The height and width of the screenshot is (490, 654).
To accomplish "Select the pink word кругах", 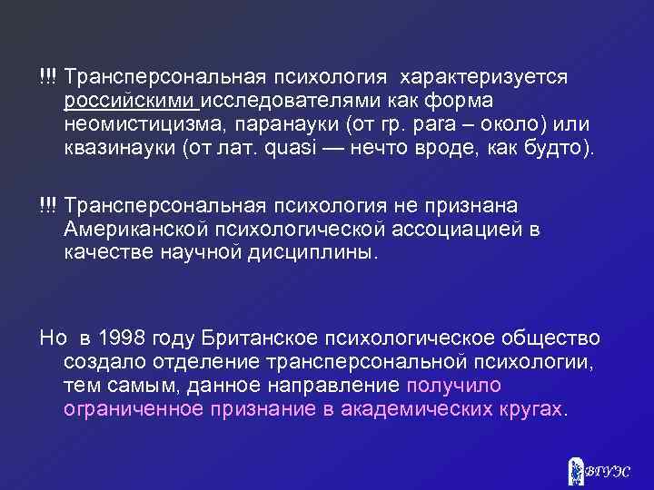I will [531, 409].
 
